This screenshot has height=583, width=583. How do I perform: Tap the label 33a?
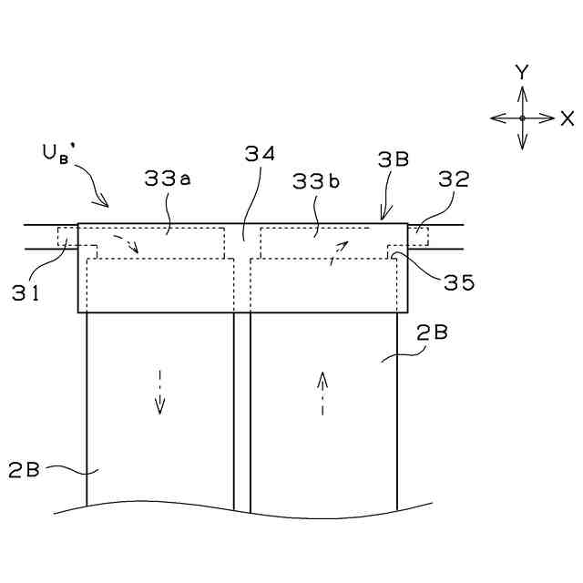click(167, 180)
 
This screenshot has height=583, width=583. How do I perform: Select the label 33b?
click(315, 181)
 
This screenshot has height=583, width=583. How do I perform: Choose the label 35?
click(460, 283)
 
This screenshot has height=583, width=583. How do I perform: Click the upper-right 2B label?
click(431, 333)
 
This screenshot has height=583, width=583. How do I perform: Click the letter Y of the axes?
click(522, 71)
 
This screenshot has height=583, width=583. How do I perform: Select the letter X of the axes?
click(568, 118)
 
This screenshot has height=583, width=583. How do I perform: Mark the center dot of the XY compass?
click(522, 118)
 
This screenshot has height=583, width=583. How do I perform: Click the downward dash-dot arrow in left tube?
click(159, 392)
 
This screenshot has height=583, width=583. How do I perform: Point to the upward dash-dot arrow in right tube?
click(322, 392)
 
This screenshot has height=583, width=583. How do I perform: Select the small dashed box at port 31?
click(67, 237)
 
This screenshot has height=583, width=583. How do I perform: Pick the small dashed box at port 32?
click(417, 237)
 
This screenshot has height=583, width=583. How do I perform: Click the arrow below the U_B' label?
click(97, 194)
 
